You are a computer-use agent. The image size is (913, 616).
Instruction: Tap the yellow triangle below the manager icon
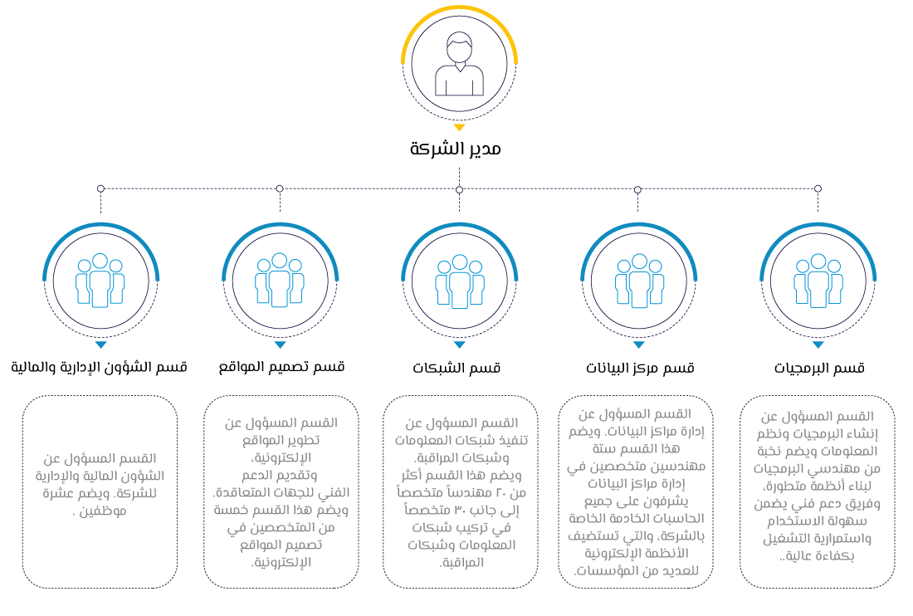[x=459, y=128]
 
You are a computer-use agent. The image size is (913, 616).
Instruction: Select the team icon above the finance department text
[x=100, y=280]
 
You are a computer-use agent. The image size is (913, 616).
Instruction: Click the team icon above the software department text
[x=818, y=280]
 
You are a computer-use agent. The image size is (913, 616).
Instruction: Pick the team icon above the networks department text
[x=459, y=281]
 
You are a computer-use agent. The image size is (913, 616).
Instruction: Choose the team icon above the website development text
[x=280, y=280]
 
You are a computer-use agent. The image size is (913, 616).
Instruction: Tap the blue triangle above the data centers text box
[x=638, y=345]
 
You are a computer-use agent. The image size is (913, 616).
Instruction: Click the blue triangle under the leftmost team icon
[x=100, y=345]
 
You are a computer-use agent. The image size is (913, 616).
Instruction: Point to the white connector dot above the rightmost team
[x=818, y=188]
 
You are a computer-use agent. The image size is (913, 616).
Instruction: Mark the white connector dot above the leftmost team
[x=100, y=188]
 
